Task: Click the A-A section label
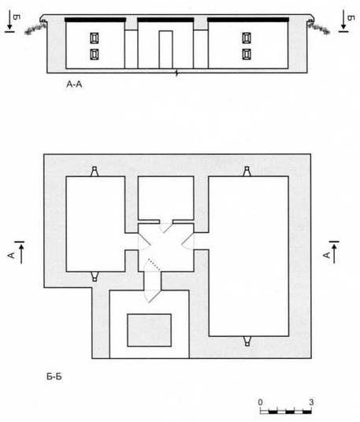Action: pyautogui.click(x=74, y=84)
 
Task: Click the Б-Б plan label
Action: pyautogui.click(x=54, y=376)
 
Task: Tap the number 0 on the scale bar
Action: pyautogui.click(x=260, y=402)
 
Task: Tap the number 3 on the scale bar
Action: pyautogui.click(x=311, y=402)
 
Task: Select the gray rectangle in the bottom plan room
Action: pyautogui.click(x=149, y=330)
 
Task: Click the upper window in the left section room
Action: pyautogui.click(x=94, y=38)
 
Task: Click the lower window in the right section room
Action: pyautogui.click(x=247, y=54)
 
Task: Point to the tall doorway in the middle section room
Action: pyautogui.click(x=165, y=50)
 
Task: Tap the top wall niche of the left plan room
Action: pyautogui.click(x=95, y=171)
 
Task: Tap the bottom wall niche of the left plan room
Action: pyautogui.click(x=95, y=276)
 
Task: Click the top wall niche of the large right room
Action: pyautogui.click(x=247, y=171)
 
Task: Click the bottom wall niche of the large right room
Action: pyautogui.click(x=247, y=341)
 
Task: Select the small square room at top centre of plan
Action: pyautogui.click(x=165, y=198)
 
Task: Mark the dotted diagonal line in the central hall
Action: pyautogui.click(x=154, y=265)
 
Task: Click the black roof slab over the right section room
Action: pyautogui.click(x=248, y=20)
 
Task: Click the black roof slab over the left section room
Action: pyautogui.click(x=95, y=20)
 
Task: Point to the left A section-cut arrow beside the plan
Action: pyautogui.click(x=20, y=253)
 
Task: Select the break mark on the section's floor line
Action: pyautogui.click(x=176, y=72)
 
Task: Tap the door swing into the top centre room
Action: pyautogui.click(x=165, y=228)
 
